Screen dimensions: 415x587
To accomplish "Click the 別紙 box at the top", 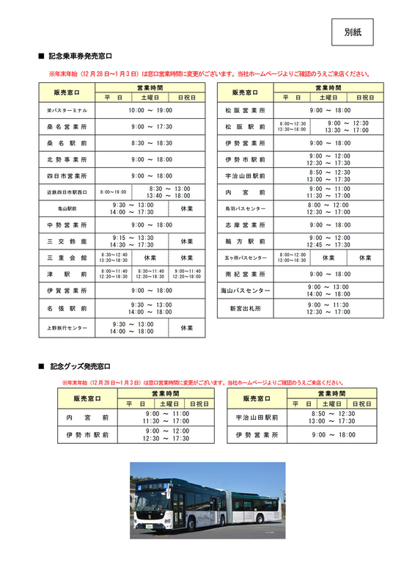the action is [x=352, y=32].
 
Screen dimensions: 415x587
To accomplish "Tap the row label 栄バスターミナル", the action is [x=67, y=110].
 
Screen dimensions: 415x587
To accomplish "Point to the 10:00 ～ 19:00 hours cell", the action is [x=150, y=110].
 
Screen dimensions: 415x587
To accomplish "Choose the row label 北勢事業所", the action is [x=67, y=159].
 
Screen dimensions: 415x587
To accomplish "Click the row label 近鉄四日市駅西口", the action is [x=67, y=192].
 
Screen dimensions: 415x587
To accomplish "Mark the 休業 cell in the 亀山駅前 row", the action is [x=186, y=208].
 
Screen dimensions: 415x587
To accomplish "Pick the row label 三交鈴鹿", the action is [x=67, y=241].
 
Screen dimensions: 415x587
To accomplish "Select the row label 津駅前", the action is [x=67, y=274].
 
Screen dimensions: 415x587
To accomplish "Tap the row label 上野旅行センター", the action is [x=67, y=327].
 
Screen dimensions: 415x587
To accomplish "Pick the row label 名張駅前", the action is [x=67, y=307].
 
